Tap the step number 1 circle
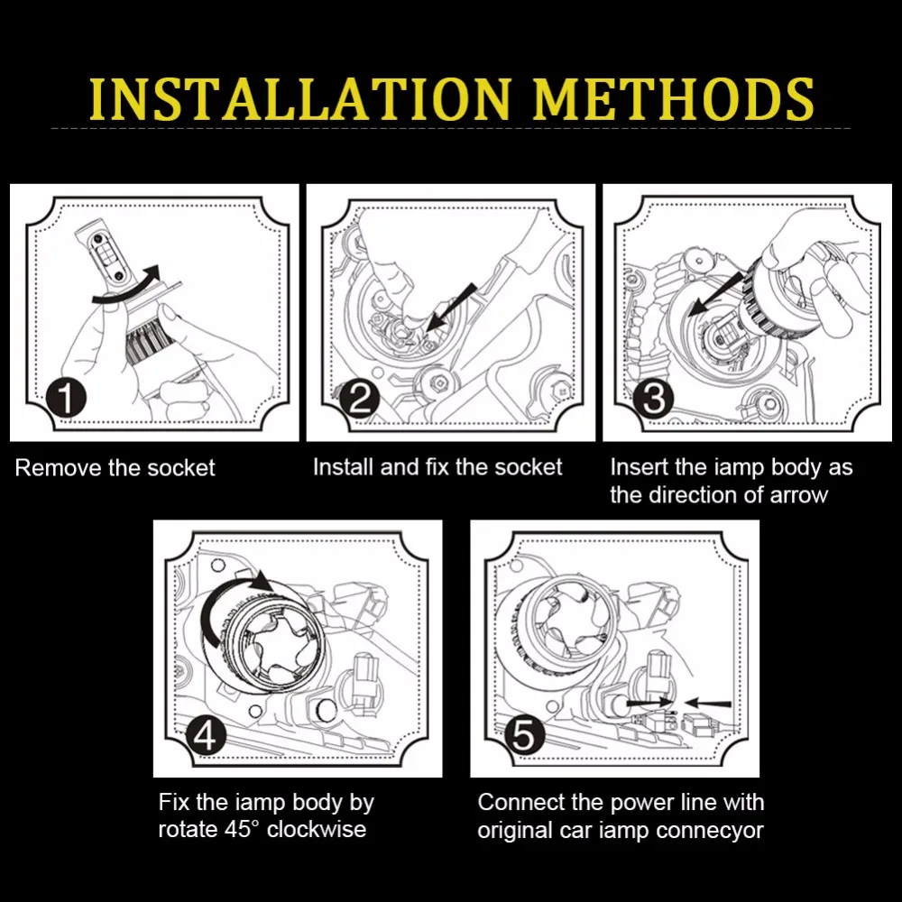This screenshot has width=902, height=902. click(67, 398)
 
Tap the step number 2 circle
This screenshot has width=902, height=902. click(360, 398)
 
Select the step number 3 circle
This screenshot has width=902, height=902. click(653, 398)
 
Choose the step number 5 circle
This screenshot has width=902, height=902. click(523, 735)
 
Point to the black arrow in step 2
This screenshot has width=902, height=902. click(451, 308)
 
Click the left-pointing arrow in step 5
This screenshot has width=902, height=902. click(708, 703)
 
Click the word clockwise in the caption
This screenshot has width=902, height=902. click(317, 829)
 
